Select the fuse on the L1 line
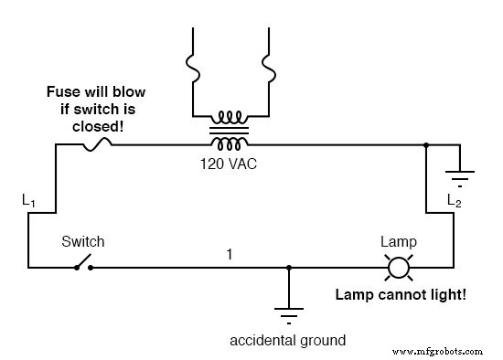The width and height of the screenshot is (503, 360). [x=97, y=143]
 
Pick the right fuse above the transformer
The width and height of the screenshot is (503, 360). [x=270, y=66]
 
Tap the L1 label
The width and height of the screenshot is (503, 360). [x=29, y=198]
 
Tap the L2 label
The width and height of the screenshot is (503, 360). [x=453, y=200]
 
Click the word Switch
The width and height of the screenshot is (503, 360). [x=82, y=242]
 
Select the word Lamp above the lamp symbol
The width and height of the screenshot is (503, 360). [x=398, y=242]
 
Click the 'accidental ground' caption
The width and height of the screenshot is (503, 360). [x=288, y=341]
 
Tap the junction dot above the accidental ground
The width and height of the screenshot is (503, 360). [x=289, y=268]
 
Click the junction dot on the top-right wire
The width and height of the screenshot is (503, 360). [x=427, y=144]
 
